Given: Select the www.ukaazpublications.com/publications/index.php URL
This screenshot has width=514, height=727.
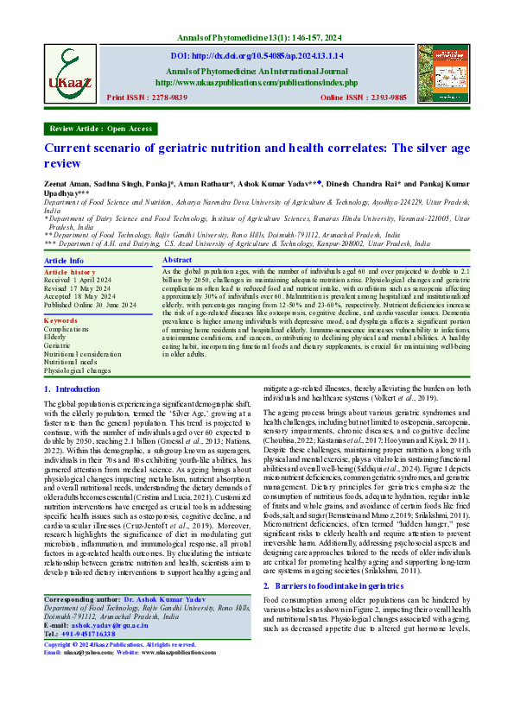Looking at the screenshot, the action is click(x=257, y=83).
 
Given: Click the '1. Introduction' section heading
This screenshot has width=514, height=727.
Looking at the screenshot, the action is click(x=72, y=389).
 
